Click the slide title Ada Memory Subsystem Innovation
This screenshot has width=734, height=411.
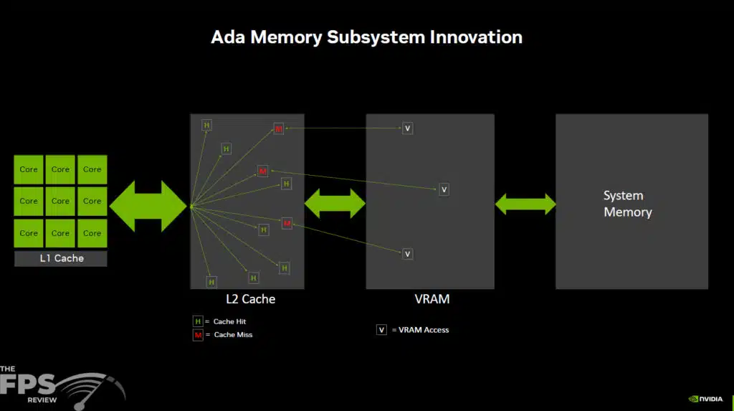tap(366, 37)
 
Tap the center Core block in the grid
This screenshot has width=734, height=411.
tap(60, 202)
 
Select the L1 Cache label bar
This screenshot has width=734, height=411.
tap(61, 258)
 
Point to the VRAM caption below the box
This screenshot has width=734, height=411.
tap(430, 299)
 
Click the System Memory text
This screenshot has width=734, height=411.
tap(627, 204)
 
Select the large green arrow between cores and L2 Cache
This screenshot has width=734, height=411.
tap(148, 206)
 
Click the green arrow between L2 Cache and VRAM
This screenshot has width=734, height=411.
tap(335, 204)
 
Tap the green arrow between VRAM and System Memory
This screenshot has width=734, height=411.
tap(525, 204)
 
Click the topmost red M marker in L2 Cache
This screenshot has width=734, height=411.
tap(278, 129)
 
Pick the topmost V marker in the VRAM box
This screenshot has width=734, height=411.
tap(407, 128)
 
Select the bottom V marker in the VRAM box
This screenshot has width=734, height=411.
tap(407, 254)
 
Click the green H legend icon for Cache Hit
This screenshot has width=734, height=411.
tap(198, 322)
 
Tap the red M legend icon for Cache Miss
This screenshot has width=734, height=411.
tap(198, 335)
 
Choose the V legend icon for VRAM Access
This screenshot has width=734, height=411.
tap(382, 330)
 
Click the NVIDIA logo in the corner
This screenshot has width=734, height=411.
tap(707, 399)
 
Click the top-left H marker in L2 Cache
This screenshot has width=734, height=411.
tap(207, 126)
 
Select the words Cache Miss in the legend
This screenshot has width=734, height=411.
tap(233, 335)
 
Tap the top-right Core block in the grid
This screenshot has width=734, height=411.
tap(92, 170)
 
